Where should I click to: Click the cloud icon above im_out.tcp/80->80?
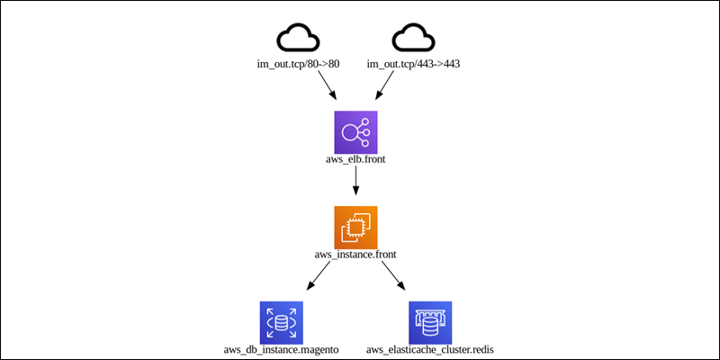point(298,37)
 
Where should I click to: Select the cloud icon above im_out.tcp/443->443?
point(413,37)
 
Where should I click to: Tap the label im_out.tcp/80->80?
point(298,64)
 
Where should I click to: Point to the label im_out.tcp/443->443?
point(413,64)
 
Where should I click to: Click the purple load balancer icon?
point(355,132)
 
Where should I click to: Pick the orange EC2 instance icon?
point(355,228)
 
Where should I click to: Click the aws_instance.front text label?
point(355,255)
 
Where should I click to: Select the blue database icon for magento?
point(282,323)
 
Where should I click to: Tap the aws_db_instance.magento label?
point(282,350)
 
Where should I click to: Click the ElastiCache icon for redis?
point(430,323)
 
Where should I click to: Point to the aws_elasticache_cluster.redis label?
point(430,350)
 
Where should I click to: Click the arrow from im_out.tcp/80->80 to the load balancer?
point(327,85)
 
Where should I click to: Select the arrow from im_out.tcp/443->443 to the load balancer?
point(385,85)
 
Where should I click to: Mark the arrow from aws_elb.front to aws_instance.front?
point(355,180)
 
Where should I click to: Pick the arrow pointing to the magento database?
point(319,275)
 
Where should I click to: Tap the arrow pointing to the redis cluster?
point(393,275)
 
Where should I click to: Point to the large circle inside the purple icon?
point(349,132)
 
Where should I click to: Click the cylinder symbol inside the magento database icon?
point(282,323)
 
